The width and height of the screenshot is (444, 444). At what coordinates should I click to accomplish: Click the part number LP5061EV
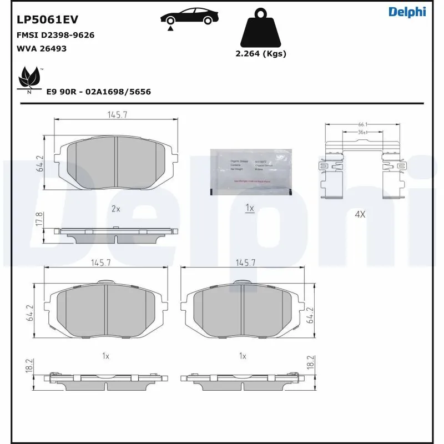[47, 19]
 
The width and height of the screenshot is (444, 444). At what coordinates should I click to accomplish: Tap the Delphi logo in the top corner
[407, 12]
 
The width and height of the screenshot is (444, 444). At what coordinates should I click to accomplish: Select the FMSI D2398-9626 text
[55, 35]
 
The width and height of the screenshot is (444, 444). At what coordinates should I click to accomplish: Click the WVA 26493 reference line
[42, 49]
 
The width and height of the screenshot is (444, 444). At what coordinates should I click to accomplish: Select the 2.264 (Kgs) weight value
[261, 54]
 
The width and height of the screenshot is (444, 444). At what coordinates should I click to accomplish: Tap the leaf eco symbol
[29, 79]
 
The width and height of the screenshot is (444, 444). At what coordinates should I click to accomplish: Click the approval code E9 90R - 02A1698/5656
[99, 92]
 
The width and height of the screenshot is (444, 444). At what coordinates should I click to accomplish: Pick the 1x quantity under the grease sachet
[250, 208]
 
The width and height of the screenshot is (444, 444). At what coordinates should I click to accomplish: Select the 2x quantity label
[115, 209]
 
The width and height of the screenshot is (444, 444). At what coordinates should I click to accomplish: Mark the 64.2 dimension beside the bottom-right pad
[310, 316]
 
